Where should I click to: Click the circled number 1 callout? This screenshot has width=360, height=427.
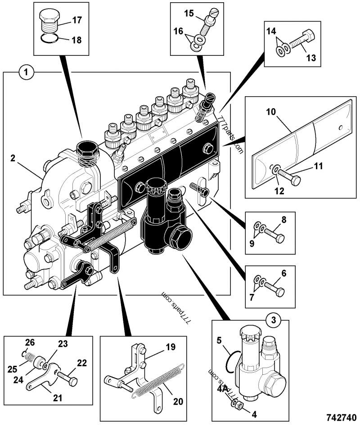pos(27,72)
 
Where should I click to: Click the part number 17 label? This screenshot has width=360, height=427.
pos(76,20)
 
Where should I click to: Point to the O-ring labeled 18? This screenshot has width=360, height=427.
pos(49,39)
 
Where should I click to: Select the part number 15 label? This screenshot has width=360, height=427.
pos(189,14)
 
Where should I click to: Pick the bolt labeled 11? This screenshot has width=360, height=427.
pos(290,179)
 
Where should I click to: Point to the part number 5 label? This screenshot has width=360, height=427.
pos(220,341)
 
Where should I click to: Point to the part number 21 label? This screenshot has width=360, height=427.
pos(58,397)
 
